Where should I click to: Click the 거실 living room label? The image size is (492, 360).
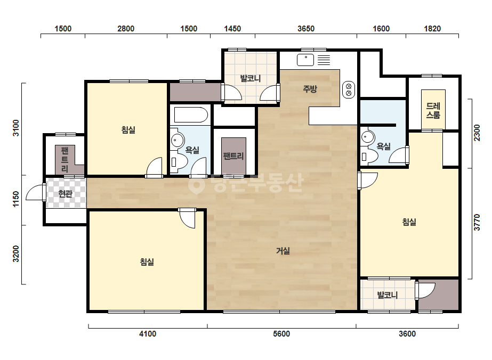283,251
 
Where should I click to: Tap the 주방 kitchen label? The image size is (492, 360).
310,89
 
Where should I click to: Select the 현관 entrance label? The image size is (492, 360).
65,194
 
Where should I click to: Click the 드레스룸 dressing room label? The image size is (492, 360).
433,110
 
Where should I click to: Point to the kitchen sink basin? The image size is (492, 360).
305,60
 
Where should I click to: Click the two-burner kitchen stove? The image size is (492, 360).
349,89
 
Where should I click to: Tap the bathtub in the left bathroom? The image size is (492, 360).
191,115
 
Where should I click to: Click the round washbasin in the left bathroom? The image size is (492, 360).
178,140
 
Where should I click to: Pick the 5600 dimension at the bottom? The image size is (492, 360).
281,334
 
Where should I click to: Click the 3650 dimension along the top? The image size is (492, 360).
306,29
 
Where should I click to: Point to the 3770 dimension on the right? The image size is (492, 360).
477,222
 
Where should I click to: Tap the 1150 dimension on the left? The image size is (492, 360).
15,200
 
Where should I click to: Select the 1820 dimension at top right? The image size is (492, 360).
432,29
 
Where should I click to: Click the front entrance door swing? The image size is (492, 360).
35,192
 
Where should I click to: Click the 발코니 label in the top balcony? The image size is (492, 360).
251,78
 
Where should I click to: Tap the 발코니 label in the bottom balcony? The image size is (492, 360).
387,295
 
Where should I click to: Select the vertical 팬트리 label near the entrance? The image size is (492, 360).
64,160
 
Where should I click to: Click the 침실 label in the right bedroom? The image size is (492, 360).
409,222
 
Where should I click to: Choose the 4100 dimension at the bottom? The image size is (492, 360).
148,334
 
